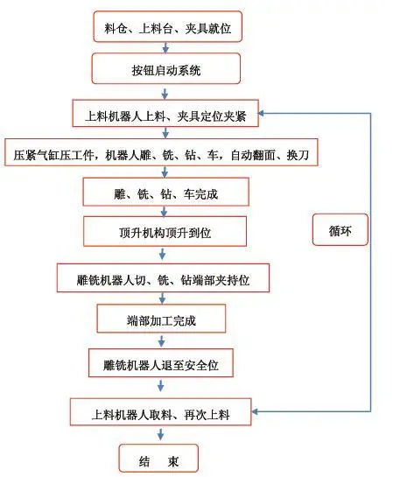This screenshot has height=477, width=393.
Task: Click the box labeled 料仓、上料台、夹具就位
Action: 167,26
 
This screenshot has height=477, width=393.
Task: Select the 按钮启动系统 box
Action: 166,68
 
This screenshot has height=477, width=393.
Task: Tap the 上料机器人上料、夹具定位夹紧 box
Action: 165,113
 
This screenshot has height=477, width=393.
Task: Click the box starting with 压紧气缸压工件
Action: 161,152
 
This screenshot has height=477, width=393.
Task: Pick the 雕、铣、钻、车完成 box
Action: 166,192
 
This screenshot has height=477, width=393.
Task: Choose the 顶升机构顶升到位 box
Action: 165,231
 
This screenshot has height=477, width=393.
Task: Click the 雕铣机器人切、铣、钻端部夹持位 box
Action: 163,278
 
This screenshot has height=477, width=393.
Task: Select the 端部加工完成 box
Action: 161,319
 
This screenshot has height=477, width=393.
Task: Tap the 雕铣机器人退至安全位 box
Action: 161,363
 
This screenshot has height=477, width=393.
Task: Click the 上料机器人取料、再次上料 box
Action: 160,412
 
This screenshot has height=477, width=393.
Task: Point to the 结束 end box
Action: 158,459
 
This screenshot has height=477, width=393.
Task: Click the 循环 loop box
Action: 340,229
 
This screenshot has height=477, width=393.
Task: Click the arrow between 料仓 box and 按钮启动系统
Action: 165,47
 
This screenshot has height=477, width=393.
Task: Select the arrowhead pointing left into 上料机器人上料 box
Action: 262,114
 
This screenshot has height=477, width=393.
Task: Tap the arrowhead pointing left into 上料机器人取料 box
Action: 256,411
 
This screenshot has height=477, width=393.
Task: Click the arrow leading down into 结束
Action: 160,434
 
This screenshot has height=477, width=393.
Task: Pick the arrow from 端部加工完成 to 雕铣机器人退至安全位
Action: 162,341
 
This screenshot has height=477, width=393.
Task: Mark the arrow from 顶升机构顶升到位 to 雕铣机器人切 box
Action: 163,254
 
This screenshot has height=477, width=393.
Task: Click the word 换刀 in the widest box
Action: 298,155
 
